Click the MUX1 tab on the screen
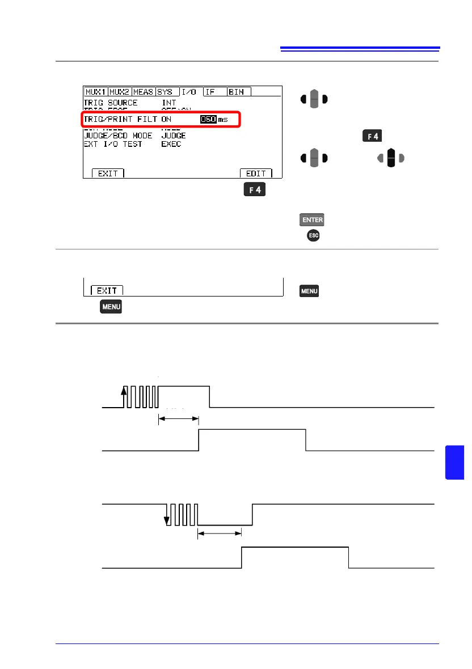point(96,92)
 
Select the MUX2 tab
point(120,92)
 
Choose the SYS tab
point(166,92)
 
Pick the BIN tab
point(238,92)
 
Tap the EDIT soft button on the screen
point(256,173)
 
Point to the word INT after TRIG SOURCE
point(169,103)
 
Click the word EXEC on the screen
point(172,144)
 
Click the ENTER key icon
point(309,220)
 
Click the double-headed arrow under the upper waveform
point(179,419)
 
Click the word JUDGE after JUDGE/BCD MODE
point(174,136)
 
